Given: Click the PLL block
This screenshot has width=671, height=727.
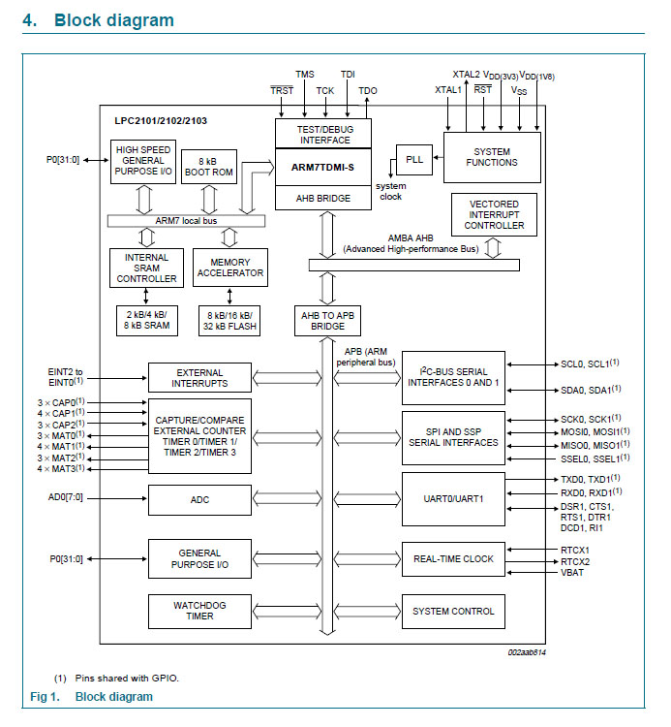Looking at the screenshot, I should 414,158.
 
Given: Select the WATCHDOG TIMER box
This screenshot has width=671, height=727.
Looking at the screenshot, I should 199,611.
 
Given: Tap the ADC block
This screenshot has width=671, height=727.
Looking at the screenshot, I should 199,500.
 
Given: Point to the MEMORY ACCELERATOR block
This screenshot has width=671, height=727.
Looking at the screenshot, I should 229,268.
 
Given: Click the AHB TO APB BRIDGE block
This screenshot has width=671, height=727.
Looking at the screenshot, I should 326,321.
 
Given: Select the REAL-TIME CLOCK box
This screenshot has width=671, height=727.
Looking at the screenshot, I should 453,559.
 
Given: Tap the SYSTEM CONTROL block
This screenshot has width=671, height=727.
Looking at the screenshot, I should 453,611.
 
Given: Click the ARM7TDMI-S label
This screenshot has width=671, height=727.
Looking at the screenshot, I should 322,167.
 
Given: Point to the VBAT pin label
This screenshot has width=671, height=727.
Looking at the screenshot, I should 574,573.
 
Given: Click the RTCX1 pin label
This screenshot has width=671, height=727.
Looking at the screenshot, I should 575,549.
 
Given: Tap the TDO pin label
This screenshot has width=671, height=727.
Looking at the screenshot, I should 368,91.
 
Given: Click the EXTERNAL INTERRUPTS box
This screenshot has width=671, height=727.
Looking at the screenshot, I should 199,378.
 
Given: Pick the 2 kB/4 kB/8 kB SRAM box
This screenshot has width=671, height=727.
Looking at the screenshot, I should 144,321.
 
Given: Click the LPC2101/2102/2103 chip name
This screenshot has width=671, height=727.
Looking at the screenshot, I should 160,120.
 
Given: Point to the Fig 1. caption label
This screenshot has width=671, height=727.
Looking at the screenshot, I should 45,696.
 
